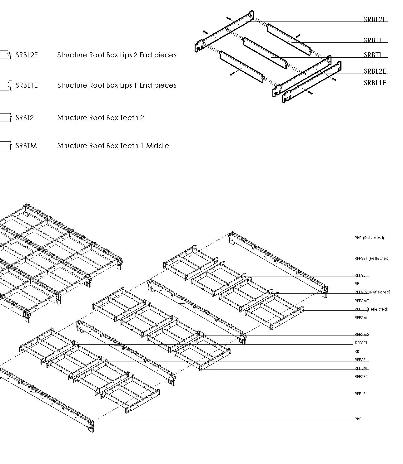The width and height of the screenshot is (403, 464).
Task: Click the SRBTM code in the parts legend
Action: (26, 146)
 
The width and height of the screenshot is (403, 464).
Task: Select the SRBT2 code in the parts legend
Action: (24, 118)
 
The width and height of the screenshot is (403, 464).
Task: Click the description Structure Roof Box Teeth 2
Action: (101, 118)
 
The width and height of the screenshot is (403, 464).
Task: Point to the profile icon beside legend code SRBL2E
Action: (6, 54)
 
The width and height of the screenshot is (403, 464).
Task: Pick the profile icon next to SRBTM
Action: (6, 145)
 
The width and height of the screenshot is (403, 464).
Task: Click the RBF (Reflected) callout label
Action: (369, 238)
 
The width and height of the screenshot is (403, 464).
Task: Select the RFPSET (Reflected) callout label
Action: (372, 258)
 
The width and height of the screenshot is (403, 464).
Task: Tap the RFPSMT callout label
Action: (361, 301)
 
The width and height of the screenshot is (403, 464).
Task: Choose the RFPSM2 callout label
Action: (362, 334)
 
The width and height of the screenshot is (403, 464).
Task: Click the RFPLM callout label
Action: (361, 368)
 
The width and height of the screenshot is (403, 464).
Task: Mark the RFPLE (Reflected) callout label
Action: (371, 309)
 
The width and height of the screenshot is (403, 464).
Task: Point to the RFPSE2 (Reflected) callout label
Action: (372, 292)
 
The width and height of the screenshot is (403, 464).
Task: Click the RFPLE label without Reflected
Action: (360, 394)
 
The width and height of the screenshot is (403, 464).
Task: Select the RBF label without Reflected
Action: (358, 419)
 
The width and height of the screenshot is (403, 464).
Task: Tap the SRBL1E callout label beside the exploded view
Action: (375, 83)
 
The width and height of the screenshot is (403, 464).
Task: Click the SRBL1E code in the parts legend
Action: (27, 85)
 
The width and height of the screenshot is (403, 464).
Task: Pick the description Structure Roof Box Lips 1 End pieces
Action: (117, 85)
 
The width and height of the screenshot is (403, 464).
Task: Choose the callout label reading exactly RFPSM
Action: (360, 317)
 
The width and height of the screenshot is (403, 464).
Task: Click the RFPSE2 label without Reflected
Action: (361, 376)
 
